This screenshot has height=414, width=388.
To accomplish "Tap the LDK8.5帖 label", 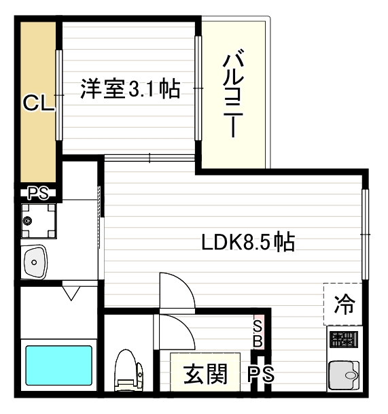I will point(248,243).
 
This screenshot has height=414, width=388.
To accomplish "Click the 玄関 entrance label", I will point(205,374).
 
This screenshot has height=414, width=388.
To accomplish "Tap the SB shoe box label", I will point(258,332).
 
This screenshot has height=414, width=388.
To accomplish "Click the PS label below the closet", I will point(38,193).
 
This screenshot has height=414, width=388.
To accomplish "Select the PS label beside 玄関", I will point(260,374).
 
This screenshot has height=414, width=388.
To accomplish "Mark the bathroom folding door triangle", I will point(71,294).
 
